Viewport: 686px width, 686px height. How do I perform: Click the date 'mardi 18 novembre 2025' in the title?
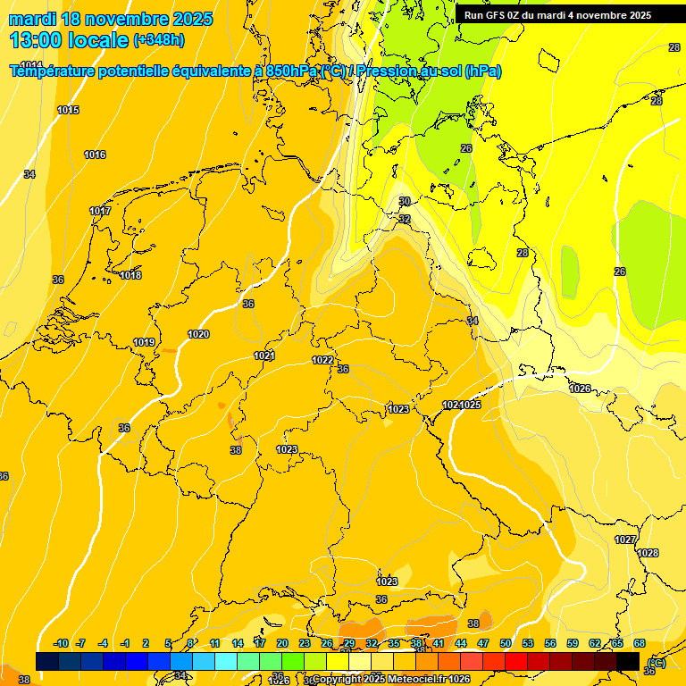(111, 19)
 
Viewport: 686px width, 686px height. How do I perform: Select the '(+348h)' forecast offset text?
(159, 40)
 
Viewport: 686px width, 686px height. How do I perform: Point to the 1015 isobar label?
(68, 110)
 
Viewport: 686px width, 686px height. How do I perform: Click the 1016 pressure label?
(95, 155)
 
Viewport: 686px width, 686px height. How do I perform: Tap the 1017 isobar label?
(100, 211)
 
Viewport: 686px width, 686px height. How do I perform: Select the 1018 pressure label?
(130, 275)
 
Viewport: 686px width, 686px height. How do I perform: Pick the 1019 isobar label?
(144, 342)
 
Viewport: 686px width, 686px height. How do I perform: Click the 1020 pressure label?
(198, 334)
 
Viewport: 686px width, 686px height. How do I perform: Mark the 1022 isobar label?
(322, 360)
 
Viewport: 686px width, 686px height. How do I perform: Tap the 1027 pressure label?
(625, 540)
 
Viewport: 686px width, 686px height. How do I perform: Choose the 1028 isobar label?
(648, 553)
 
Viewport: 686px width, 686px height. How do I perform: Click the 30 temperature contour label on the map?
(405, 202)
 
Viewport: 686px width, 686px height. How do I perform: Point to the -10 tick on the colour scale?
(62, 643)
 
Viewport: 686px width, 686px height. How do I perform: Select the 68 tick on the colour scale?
(640, 643)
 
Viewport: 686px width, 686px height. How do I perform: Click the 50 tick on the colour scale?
(506, 643)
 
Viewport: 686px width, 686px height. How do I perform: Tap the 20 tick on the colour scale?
(282, 643)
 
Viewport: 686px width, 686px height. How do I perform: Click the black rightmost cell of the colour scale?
(628, 661)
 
